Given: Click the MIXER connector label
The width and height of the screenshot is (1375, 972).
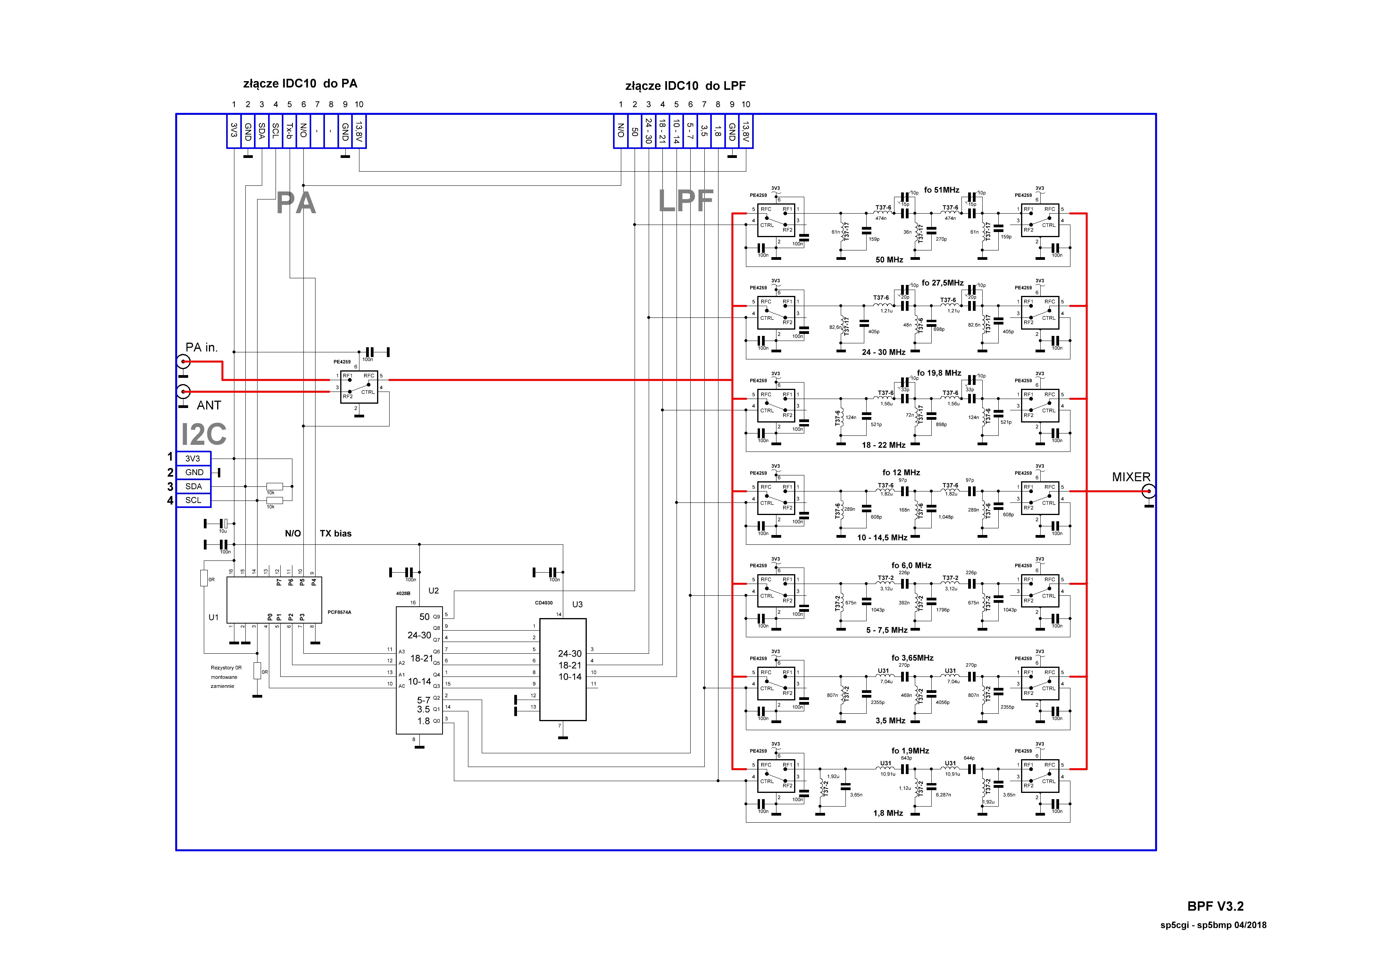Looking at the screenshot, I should click(1131, 477).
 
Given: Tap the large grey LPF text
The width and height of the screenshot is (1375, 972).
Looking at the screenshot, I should click(686, 201).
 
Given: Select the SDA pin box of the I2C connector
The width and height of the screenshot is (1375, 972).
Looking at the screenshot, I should click(194, 486).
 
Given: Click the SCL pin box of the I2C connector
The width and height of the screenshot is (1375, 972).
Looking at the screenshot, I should click(194, 500).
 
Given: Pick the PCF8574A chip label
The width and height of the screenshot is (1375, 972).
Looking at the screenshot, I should click(339, 613).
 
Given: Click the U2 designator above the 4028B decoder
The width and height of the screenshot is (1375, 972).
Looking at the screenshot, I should click(434, 591).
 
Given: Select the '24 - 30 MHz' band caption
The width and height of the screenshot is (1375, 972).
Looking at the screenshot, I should click(883, 352).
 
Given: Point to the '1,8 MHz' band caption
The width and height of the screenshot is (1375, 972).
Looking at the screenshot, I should click(888, 813).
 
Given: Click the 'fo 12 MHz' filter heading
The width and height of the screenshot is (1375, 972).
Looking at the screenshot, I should click(901, 473).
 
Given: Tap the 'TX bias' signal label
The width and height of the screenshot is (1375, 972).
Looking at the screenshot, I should click(336, 533).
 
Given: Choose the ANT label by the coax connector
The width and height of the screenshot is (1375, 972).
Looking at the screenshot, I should click(209, 405).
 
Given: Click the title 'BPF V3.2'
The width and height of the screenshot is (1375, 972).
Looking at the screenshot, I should click(1215, 906).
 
